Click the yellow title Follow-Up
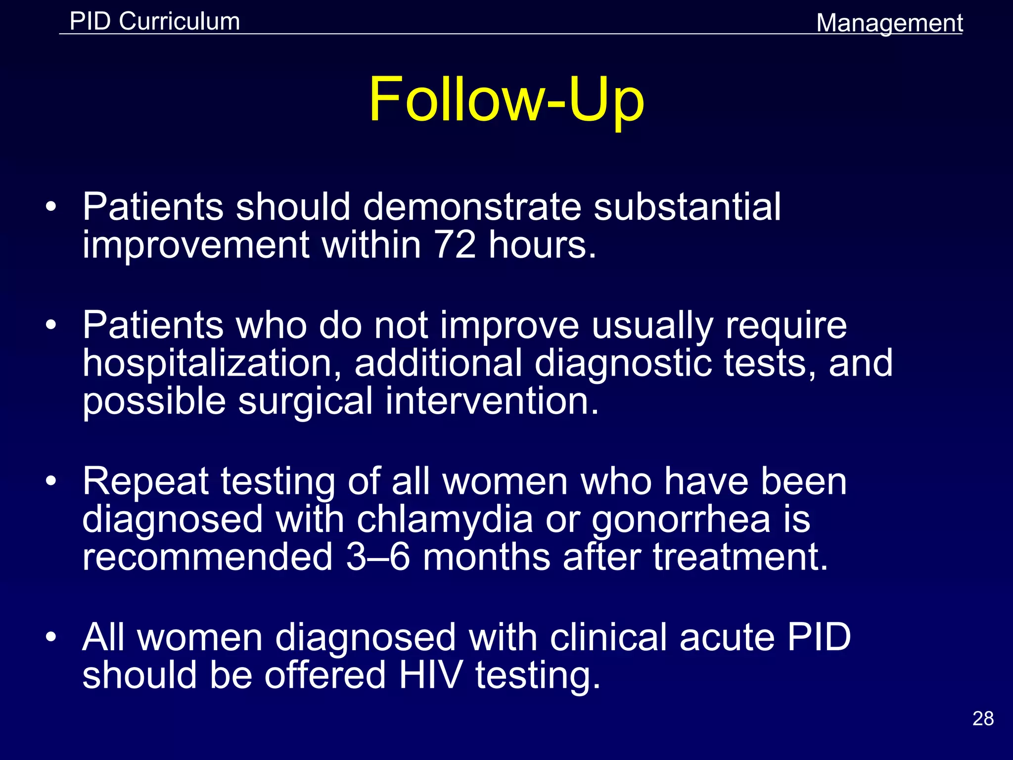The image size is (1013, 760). (506, 99)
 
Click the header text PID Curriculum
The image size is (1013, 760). (155, 21)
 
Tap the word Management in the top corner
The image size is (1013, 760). (889, 23)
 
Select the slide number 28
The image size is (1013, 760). (983, 718)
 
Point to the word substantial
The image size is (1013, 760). (687, 206)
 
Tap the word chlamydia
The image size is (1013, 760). (445, 520)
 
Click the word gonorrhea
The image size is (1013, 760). (681, 520)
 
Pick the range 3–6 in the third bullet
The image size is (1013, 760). (377, 557)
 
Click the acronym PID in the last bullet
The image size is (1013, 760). (819, 637)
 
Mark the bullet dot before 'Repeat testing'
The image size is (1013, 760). (51, 481)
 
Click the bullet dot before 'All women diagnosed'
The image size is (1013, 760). (51, 637)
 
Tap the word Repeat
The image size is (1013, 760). (145, 482)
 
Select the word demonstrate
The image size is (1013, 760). (472, 206)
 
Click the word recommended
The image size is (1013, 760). (207, 557)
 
